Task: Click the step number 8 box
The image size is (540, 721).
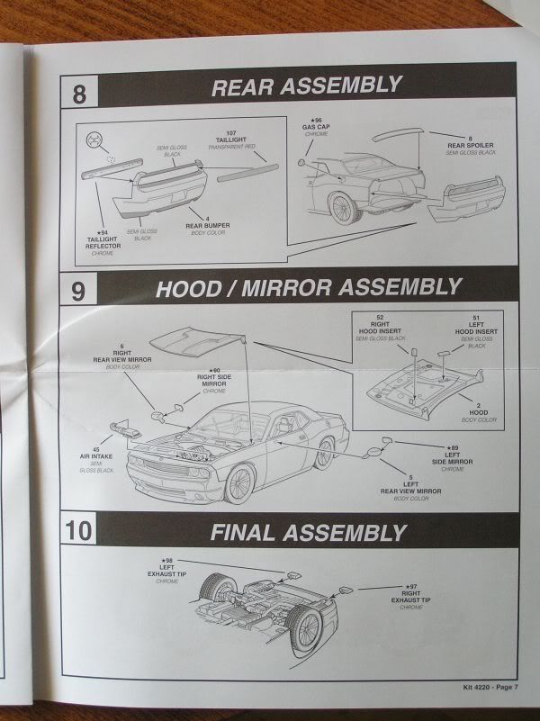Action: point(79,95)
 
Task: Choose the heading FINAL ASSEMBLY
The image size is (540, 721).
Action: point(308,532)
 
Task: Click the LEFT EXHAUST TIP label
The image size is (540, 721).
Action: point(167,571)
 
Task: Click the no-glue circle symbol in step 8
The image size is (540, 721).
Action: point(92,140)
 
